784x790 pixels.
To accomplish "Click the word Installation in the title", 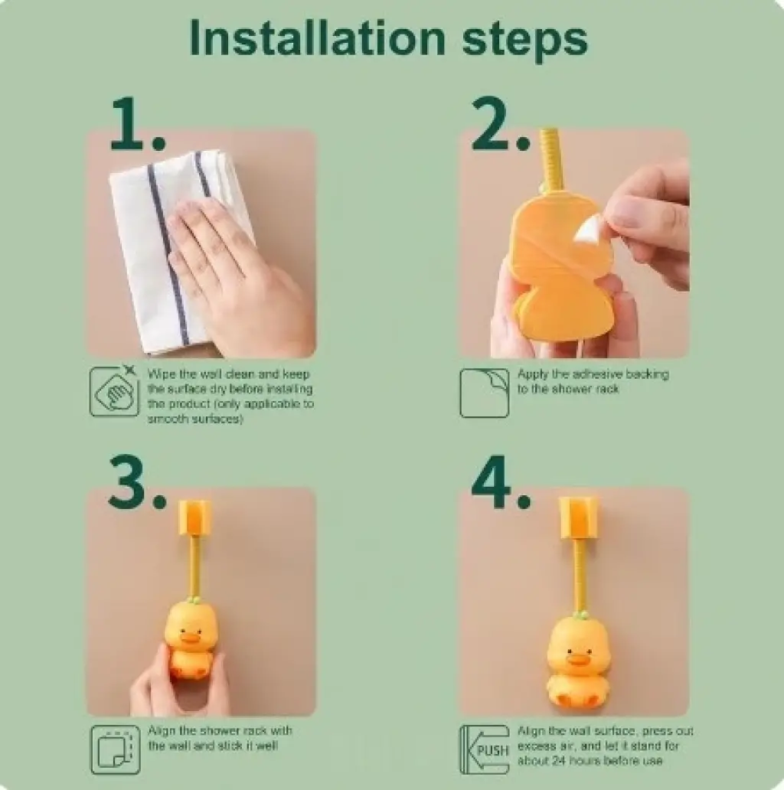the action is (318, 38).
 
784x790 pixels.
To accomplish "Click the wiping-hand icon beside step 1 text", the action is (114, 391).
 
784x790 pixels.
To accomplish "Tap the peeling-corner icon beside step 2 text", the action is (484, 393).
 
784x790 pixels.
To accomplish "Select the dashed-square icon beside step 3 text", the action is (116, 749).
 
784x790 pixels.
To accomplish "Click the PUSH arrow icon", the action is (485, 749).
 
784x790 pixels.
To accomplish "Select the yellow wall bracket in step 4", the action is (577, 517).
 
